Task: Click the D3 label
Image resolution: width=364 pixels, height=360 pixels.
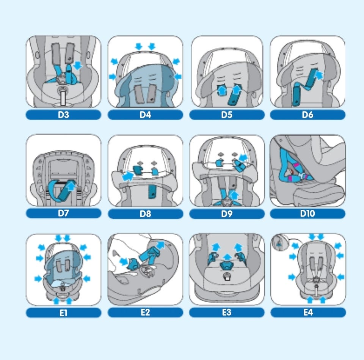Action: coord(63,115)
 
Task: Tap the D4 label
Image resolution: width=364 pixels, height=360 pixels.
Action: coord(145,115)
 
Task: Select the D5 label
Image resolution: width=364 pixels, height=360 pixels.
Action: coord(227,115)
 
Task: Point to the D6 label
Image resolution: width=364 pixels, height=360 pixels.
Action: coord(308,115)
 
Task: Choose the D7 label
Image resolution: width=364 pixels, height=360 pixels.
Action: coord(63,213)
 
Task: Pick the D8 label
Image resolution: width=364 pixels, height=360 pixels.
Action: coord(145,214)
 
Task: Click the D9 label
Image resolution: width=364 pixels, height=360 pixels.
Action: coord(227,214)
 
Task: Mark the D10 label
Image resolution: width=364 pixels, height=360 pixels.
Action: coord(308,214)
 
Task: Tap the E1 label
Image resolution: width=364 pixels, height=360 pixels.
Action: coord(63,313)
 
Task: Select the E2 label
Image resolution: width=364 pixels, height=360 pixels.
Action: coord(145,312)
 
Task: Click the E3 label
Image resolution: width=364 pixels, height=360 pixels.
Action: coord(227,312)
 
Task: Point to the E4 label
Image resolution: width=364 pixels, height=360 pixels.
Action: coord(308,312)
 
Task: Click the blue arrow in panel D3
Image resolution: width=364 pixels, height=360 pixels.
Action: coord(77,66)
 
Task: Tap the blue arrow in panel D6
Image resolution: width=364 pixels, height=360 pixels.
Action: coord(319,75)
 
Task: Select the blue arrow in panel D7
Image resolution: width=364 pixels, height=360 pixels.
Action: coord(71,186)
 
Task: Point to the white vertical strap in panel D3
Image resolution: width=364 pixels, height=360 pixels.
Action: coord(63,98)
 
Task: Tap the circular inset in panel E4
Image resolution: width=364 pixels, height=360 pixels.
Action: coord(280,242)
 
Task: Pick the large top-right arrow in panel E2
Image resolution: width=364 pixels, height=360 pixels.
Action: coord(160,245)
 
